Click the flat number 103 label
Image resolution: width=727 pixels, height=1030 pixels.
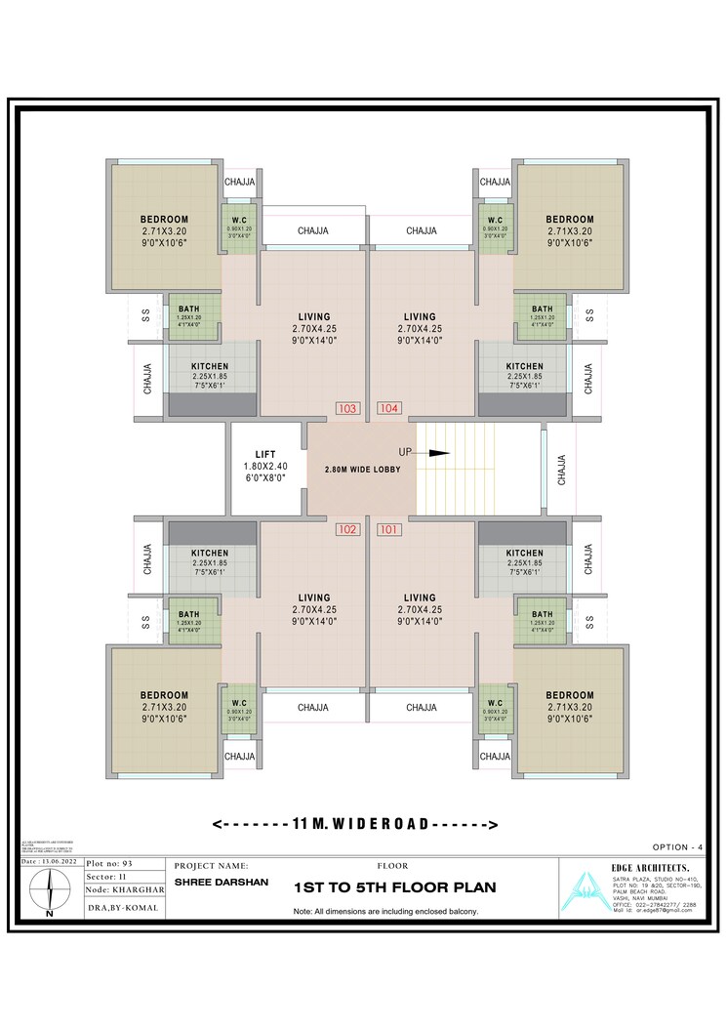(x=347, y=408)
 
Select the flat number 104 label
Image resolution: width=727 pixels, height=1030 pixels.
(x=388, y=408)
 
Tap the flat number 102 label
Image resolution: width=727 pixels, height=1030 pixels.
(x=347, y=530)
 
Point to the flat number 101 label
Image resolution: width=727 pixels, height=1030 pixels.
(x=388, y=530)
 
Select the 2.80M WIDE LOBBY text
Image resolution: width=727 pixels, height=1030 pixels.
(x=362, y=470)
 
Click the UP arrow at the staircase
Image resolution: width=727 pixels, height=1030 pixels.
(x=435, y=453)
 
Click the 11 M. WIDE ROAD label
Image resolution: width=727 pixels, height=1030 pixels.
(x=355, y=824)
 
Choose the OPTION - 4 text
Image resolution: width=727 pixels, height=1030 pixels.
(x=677, y=846)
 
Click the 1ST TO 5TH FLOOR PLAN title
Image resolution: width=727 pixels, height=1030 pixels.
(x=395, y=888)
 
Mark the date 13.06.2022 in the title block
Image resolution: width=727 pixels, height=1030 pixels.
(x=48, y=862)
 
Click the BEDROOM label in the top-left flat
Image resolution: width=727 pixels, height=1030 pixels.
(x=164, y=219)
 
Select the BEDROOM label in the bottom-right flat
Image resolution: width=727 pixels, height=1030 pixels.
(x=570, y=696)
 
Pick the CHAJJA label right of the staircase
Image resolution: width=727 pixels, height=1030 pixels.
(x=561, y=469)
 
